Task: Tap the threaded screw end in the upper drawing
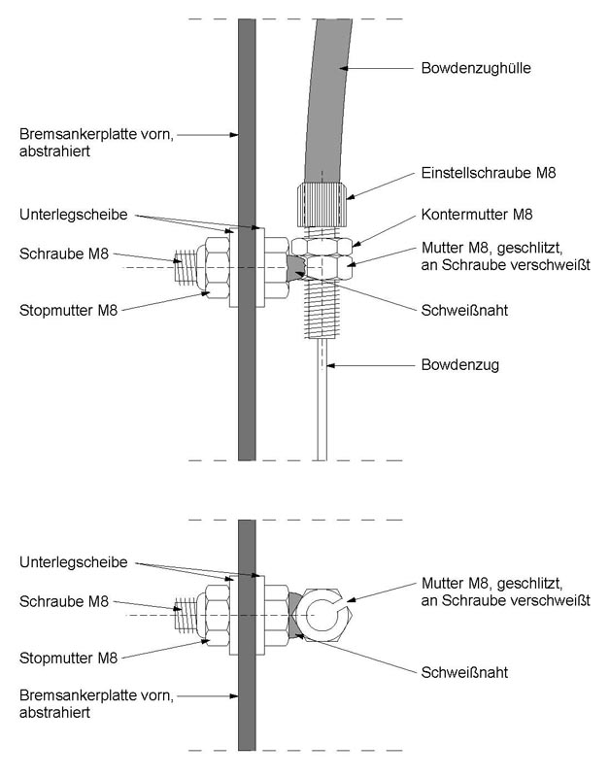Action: point(186,262)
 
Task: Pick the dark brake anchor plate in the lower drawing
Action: point(247,699)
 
